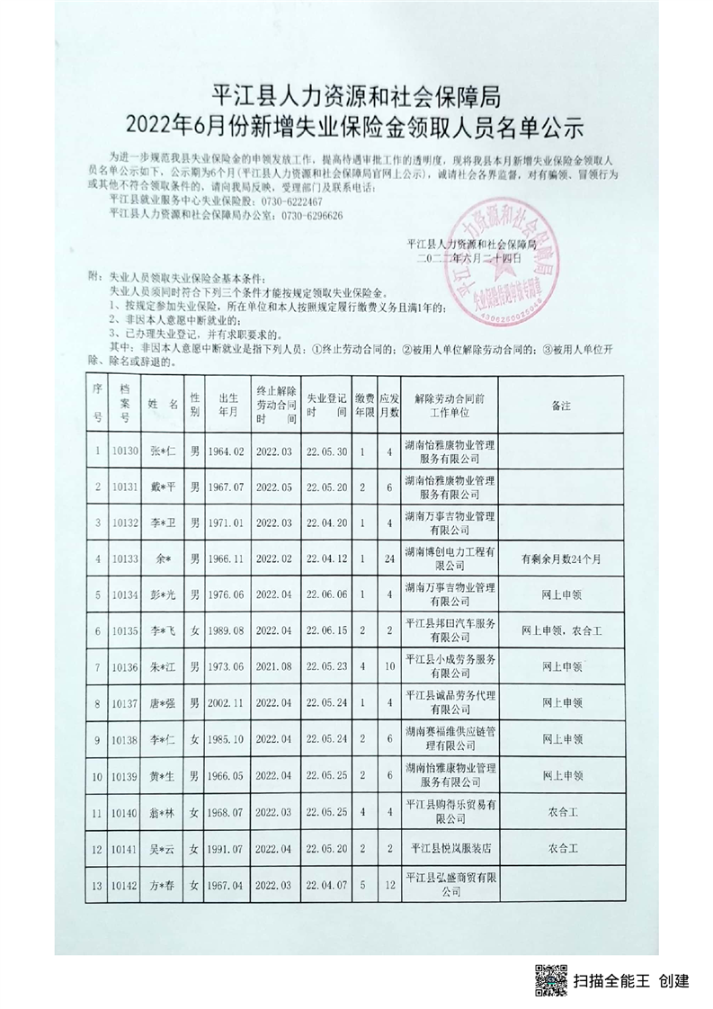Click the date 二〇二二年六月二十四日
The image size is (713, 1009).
click(x=462, y=258)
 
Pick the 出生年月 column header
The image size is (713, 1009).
click(x=226, y=406)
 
